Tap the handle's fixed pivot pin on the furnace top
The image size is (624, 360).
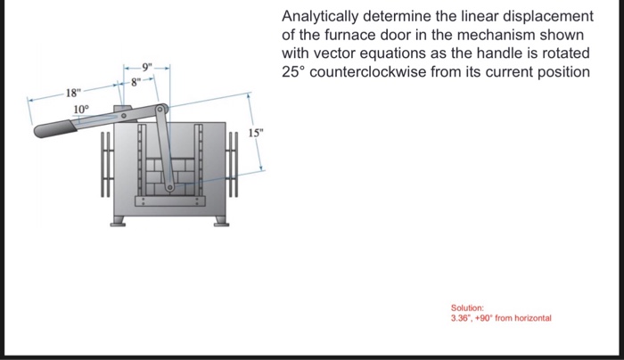126,115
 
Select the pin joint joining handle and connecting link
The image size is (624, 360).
161,110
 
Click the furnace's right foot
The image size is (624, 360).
219,220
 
